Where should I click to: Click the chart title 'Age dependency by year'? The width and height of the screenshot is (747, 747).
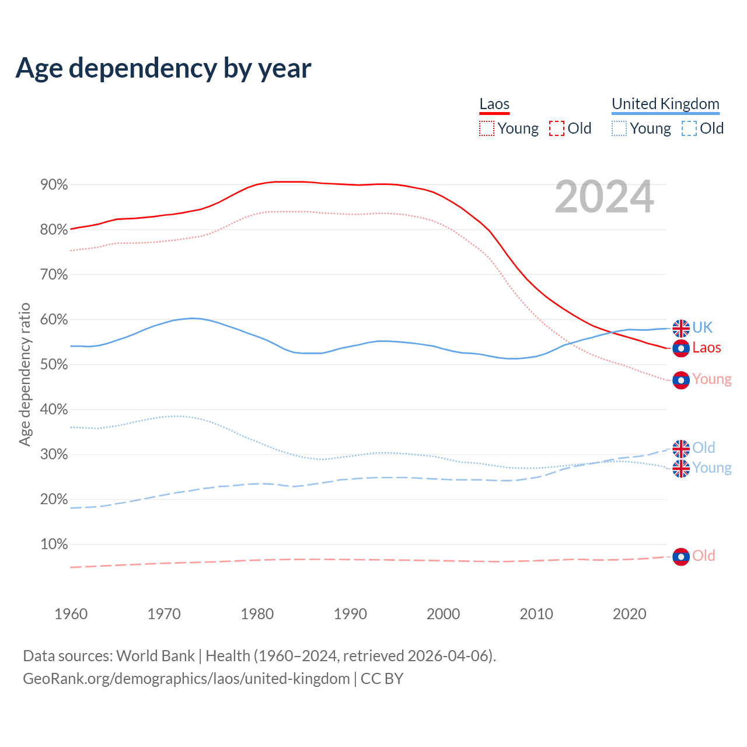coord(163,68)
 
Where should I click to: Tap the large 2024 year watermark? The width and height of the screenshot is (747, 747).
coord(604,197)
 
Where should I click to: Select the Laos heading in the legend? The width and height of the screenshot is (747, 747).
coord(494,104)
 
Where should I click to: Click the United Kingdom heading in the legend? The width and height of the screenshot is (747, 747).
coord(665,104)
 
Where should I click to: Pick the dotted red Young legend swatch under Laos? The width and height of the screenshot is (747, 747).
coord(486,128)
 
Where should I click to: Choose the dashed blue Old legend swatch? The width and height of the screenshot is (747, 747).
coord(689,128)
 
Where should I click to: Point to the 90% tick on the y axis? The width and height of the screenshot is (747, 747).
coord(54,185)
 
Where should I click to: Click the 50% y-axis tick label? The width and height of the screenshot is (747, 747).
coord(54,365)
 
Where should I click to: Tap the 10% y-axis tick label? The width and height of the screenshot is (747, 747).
coord(54,544)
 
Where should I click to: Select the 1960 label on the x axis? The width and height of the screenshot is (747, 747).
coord(71,614)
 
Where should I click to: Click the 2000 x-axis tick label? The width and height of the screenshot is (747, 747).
coord(444,614)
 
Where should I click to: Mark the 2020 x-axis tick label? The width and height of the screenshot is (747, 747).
coord(630,614)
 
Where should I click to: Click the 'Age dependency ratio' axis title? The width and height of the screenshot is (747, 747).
coord(25,374)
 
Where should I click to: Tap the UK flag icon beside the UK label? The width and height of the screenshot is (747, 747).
coord(681,329)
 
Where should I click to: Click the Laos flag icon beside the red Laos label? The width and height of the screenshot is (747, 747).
coord(681,348)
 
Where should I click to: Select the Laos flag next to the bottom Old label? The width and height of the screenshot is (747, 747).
coord(681,557)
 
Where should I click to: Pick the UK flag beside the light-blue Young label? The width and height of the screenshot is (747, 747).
coord(681,469)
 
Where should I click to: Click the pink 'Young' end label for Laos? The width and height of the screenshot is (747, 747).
coord(712,379)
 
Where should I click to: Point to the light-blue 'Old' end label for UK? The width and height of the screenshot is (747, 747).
coord(704,448)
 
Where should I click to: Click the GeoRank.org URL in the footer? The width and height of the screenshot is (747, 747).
coord(186,679)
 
